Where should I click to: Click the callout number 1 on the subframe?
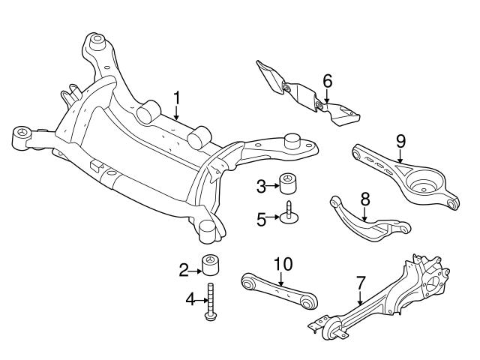pyautogui.click(x=177, y=97)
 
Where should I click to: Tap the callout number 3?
pyautogui.click(x=261, y=184)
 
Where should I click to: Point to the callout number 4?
pyautogui.click(x=190, y=300)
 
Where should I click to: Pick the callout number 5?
pyautogui.click(x=261, y=218)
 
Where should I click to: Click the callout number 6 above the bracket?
pyautogui.click(x=327, y=79)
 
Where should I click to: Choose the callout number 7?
pyautogui.click(x=360, y=283)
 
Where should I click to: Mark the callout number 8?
pyautogui.click(x=365, y=199)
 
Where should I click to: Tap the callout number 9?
pyautogui.click(x=400, y=140)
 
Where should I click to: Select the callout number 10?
pyautogui.click(x=281, y=265)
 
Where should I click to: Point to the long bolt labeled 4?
pyautogui.click(x=211, y=301)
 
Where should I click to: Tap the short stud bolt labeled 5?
pyautogui.click(x=289, y=216)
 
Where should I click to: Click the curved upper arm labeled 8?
pyautogui.click(x=360, y=219)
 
